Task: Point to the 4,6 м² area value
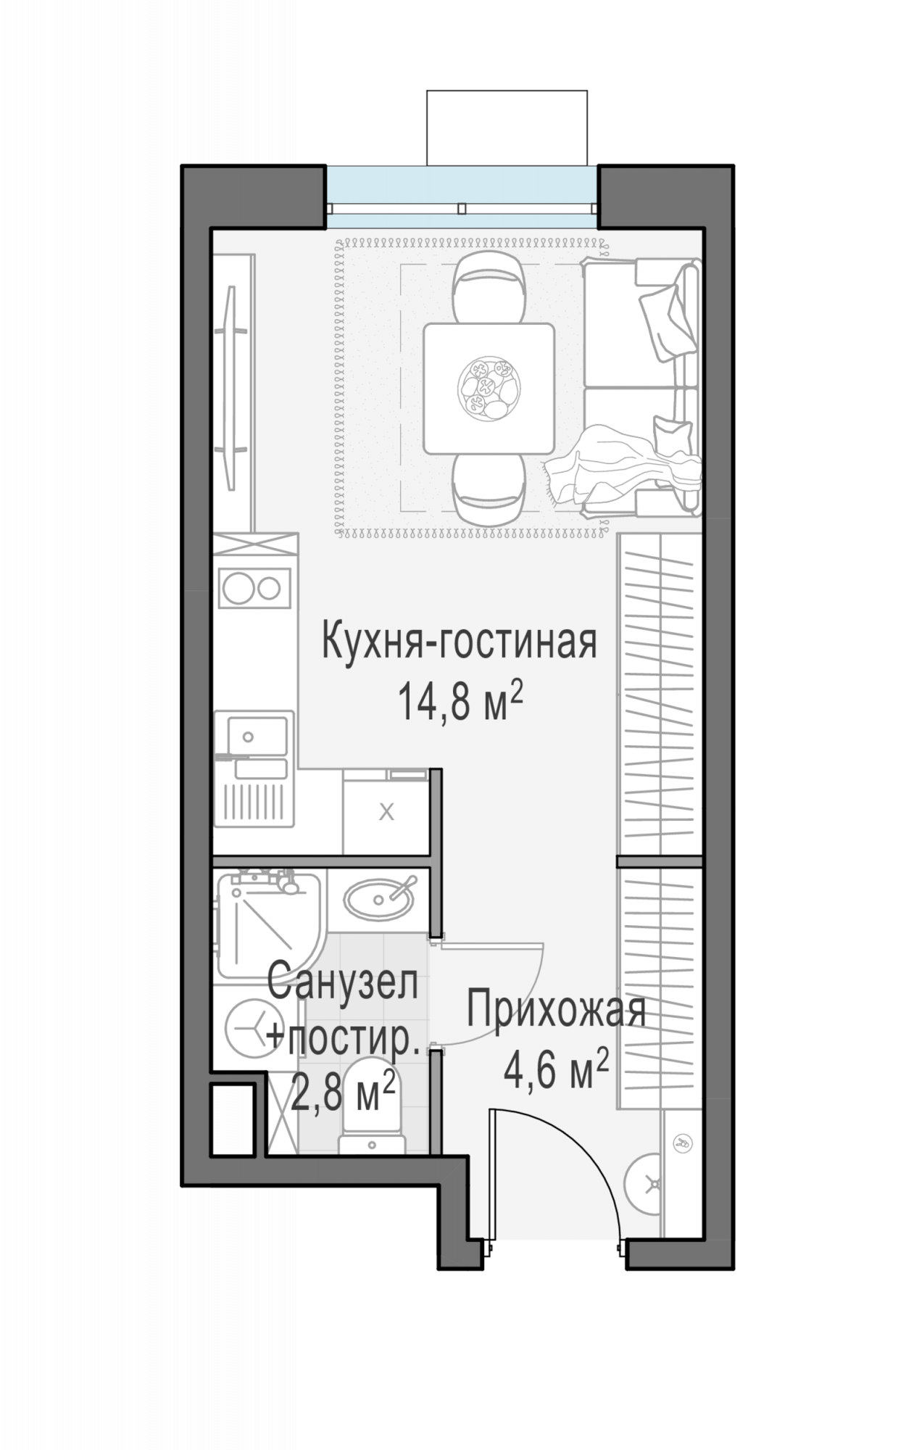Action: coord(555,1071)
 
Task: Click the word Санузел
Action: coord(342,982)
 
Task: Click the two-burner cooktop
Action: coord(254,588)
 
